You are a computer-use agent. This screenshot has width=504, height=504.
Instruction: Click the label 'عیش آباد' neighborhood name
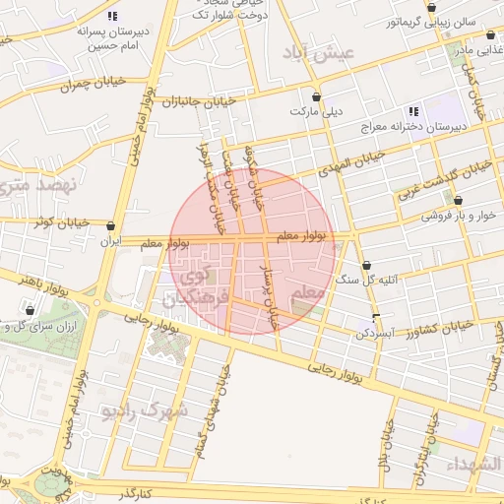point(316,54)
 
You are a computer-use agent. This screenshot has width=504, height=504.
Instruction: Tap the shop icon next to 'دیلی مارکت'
point(315,97)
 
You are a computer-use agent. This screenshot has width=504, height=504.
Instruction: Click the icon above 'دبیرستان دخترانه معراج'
point(413,111)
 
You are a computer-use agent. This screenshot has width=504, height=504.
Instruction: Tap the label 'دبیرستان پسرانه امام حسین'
point(114,38)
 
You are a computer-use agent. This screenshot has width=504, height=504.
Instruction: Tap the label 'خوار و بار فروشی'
point(459,215)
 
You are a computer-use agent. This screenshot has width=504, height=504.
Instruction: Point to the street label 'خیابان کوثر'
point(56,222)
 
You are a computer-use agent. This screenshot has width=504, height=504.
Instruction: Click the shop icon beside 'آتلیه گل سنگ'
point(366,266)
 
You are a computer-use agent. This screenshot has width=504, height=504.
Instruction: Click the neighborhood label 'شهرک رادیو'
point(148,410)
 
